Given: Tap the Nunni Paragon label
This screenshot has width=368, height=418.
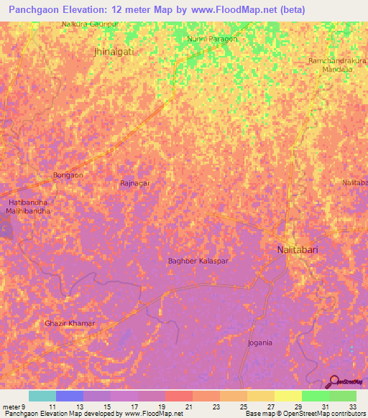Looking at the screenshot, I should (211, 39).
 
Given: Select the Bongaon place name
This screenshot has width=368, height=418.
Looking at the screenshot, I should (68, 175).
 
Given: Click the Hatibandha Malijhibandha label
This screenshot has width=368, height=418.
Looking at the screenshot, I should (29, 208).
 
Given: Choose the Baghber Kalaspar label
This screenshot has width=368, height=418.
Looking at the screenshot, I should (198, 261).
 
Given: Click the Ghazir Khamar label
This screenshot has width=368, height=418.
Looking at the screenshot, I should (70, 324).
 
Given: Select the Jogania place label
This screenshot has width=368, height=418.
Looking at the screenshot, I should (259, 343).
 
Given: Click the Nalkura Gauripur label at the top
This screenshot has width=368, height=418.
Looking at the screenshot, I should (90, 24).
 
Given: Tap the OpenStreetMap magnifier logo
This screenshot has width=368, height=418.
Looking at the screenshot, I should (335, 382).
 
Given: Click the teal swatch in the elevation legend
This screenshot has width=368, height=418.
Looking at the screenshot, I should (42, 396).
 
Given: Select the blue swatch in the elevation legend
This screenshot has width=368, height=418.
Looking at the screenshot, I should (69, 396).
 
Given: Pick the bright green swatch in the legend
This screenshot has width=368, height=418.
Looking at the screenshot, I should (315, 396).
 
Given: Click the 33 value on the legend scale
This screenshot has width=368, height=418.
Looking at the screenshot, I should (351, 406).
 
